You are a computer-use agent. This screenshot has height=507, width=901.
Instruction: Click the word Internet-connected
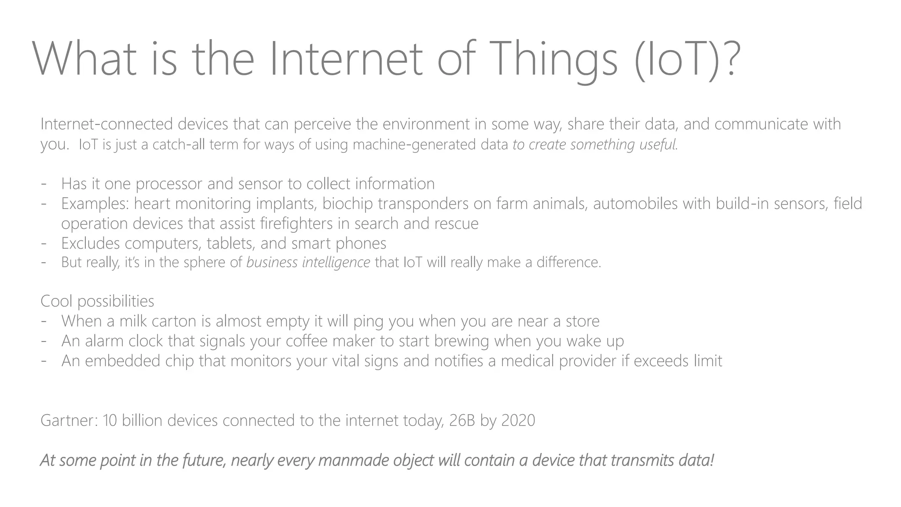click(x=107, y=124)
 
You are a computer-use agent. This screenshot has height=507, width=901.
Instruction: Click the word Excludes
click(x=90, y=243)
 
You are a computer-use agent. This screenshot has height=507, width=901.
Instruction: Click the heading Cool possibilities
click(x=97, y=301)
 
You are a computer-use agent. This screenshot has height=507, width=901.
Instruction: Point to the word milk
click(x=133, y=321)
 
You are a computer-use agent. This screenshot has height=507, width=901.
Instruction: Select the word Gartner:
click(x=69, y=421)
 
